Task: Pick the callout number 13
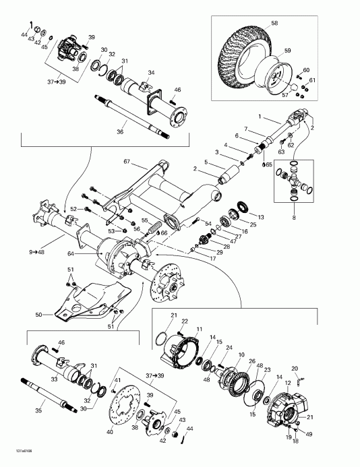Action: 262,217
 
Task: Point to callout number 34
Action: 151,73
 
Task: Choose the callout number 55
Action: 145,221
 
